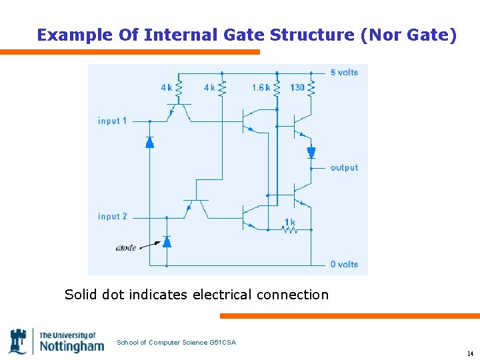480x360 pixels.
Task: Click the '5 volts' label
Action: click(344, 72)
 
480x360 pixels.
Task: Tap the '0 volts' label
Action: click(344, 264)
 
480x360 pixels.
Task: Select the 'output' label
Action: click(344, 167)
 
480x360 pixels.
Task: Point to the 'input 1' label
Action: click(112, 121)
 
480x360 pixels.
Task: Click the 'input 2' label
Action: click(112, 217)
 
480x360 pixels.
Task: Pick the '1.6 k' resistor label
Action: click(261, 87)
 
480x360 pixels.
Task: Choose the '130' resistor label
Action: click(297, 87)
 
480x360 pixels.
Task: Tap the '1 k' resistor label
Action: click(289, 221)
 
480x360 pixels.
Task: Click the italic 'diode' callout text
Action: click(126, 247)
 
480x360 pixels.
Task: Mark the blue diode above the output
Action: click(311, 153)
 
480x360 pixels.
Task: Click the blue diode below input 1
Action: click(149, 141)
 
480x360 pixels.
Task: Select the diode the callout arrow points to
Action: click(167, 241)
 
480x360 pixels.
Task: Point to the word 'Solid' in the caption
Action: click(82, 294)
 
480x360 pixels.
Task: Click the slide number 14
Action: click(470, 353)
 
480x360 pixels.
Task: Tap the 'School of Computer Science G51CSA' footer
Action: click(176, 343)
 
